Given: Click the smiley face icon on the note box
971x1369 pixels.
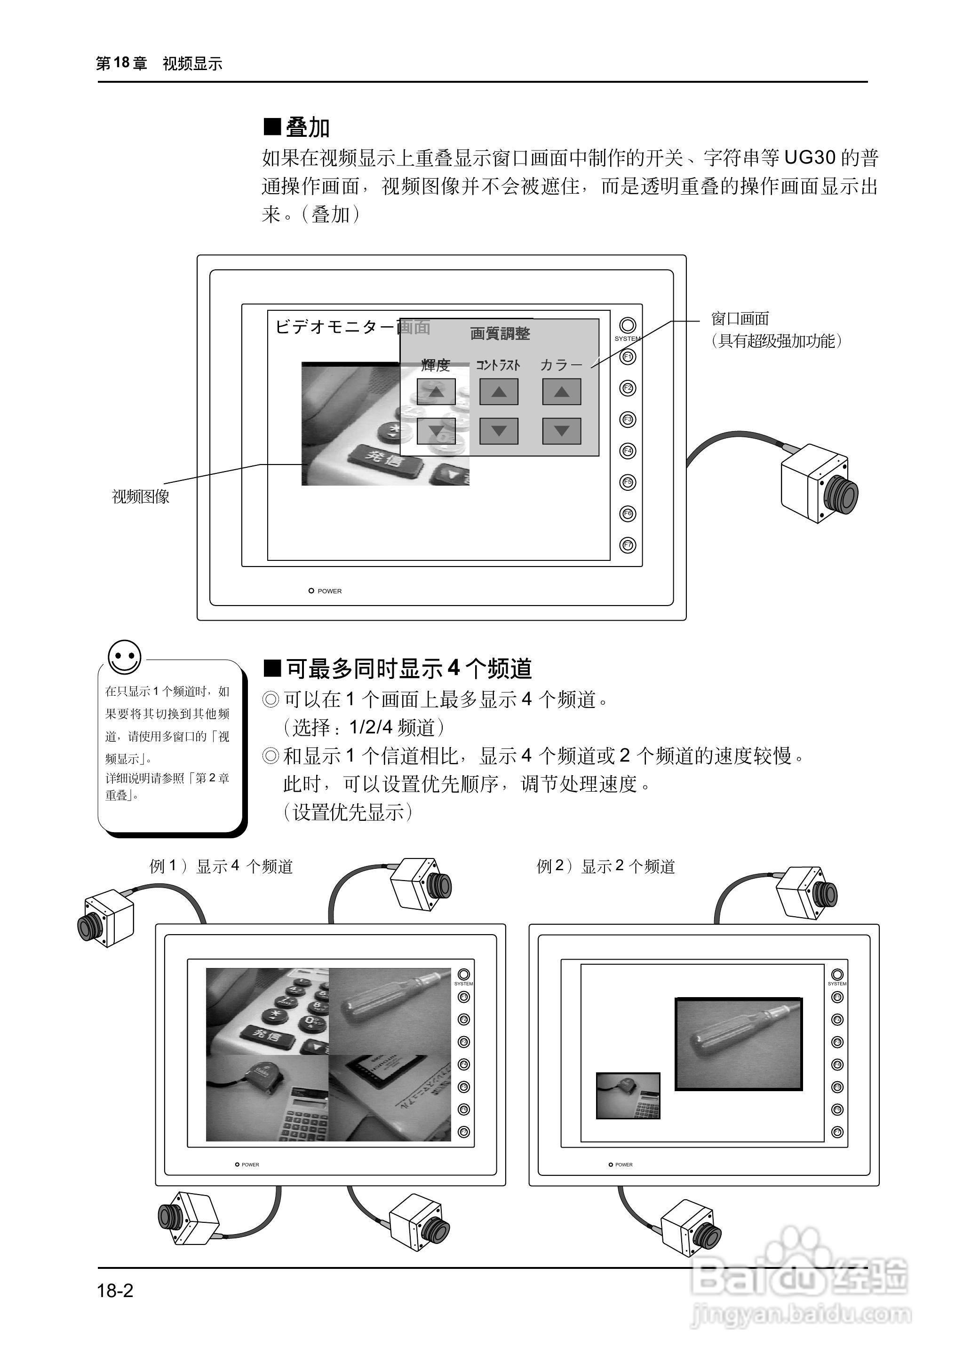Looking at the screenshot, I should click(x=124, y=657).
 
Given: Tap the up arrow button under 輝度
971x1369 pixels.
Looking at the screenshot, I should click(x=436, y=392).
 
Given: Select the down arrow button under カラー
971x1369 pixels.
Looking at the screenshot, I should click(x=561, y=430).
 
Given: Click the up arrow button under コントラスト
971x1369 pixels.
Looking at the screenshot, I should click(x=499, y=392).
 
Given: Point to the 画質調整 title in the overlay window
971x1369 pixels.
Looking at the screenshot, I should click(x=500, y=333).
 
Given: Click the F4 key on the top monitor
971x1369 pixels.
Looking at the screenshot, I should click(x=627, y=450).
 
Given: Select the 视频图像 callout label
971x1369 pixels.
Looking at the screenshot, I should click(x=141, y=496).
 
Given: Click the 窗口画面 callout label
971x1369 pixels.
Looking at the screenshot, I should click(x=740, y=318).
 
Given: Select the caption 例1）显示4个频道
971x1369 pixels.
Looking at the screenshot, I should click(x=221, y=866).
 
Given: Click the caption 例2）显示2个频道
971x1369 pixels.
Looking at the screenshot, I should click(x=605, y=866).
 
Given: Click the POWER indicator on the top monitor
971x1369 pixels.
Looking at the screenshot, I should click(x=311, y=590).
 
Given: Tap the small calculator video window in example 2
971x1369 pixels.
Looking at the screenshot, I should click(x=629, y=1095).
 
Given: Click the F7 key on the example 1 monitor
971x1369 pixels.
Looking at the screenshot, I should click(x=463, y=1131).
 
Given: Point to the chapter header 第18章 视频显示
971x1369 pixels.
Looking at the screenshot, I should click(x=159, y=63).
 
